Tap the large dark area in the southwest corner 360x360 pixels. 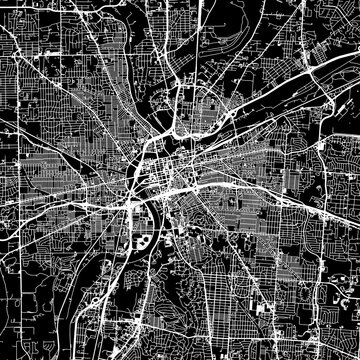[x=30, y=320]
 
